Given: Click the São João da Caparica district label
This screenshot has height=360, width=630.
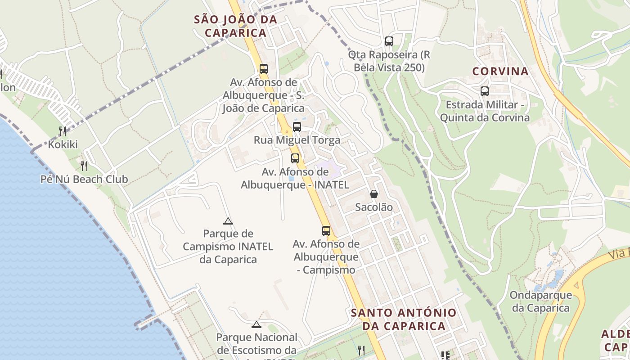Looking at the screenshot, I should [x=235, y=26].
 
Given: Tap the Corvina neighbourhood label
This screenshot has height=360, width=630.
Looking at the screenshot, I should [x=500, y=71].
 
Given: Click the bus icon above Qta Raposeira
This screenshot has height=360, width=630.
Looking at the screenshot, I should [x=389, y=41].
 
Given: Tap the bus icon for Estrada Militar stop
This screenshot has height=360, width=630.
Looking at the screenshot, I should [x=485, y=91].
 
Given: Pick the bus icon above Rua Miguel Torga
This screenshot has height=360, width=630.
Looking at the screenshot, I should [x=297, y=127].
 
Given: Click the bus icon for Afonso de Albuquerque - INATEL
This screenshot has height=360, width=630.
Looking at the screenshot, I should [x=295, y=158].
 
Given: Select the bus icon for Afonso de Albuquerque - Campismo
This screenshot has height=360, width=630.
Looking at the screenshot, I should [x=326, y=231].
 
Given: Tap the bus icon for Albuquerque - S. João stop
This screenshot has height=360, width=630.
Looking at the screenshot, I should [x=264, y=69].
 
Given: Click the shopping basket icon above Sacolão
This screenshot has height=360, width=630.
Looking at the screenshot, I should [x=374, y=194].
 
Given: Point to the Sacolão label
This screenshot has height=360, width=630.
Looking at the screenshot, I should [x=374, y=207].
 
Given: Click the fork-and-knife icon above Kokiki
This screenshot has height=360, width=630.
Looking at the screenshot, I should [x=63, y=131].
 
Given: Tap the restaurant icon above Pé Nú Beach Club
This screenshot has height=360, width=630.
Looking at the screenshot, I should [x=84, y=166].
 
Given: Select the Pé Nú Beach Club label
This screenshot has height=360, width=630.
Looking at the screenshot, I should [x=84, y=179].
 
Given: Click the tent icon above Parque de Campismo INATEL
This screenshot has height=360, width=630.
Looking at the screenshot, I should [x=228, y=221].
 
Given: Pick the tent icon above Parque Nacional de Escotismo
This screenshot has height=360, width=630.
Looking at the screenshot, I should [x=256, y=324].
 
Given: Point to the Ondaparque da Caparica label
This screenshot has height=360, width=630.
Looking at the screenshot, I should [x=541, y=301].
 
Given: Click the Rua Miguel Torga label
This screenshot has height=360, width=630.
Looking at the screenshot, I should [x=297, y=140].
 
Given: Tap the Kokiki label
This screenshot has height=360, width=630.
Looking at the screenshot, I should [x=63, y=144].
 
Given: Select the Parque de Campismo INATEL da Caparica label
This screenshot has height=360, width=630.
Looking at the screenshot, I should [x=228, y=247].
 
